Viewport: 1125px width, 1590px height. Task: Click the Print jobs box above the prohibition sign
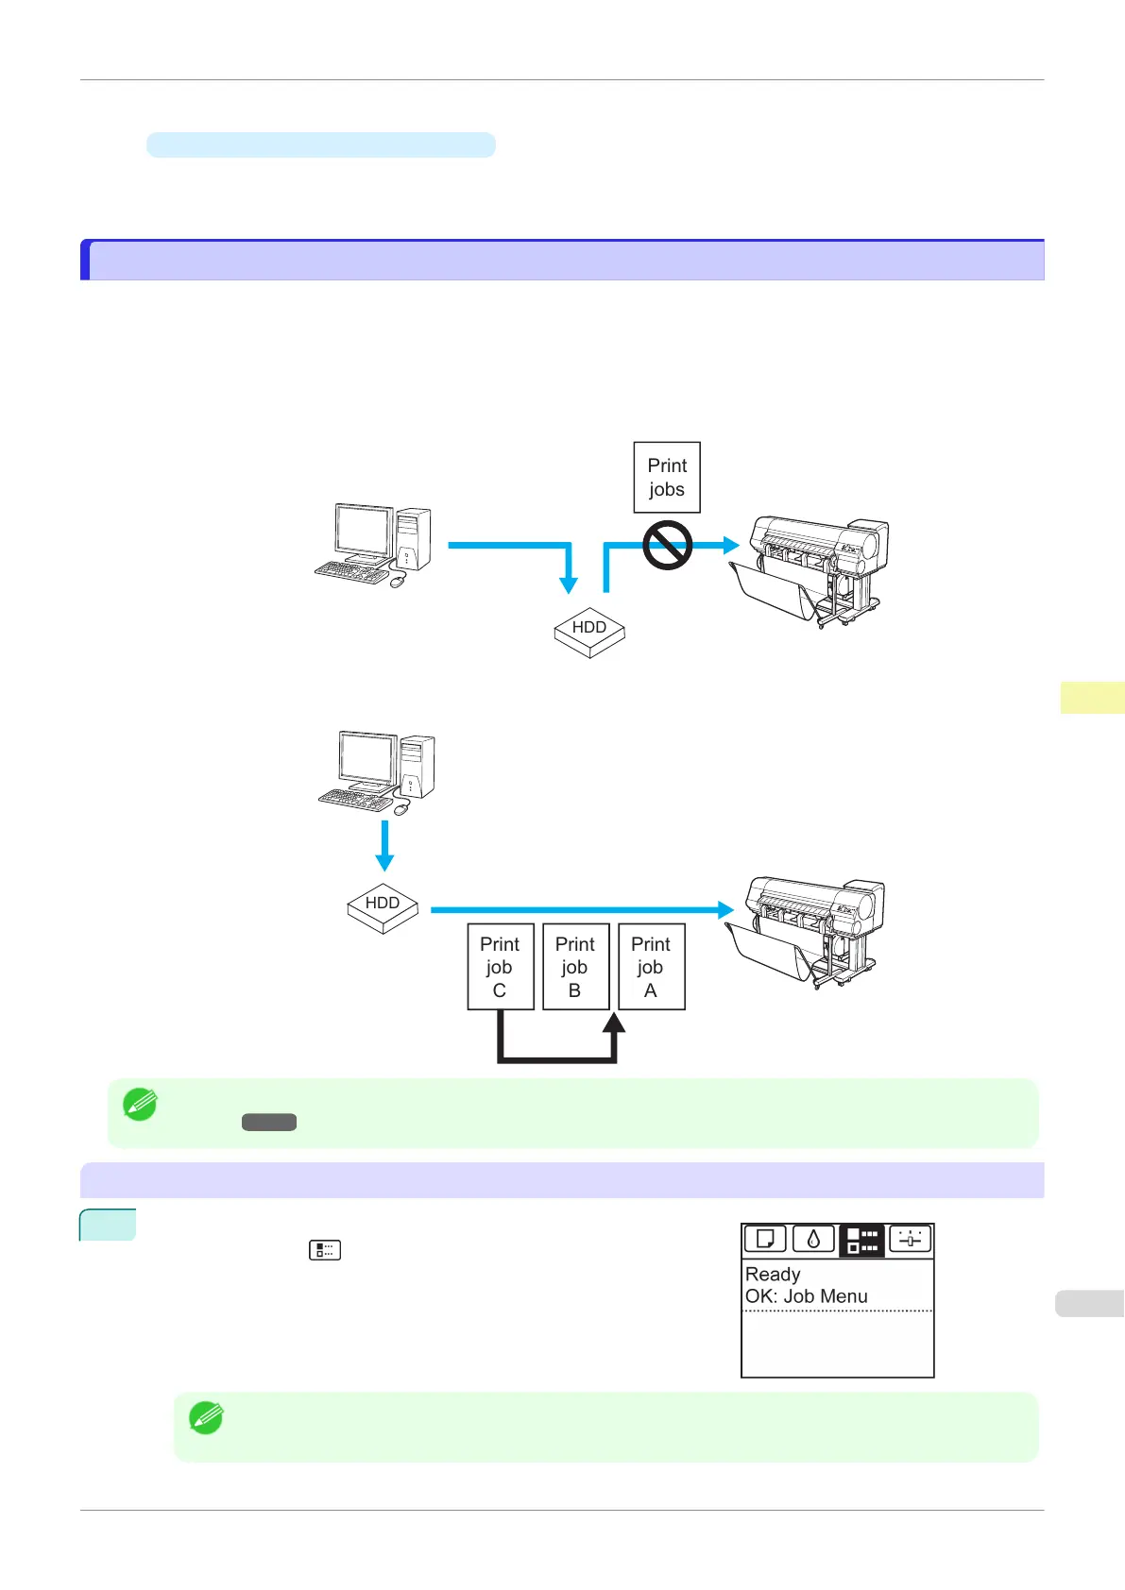coord(667,477)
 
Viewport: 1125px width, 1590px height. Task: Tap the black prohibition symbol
coord(667,546)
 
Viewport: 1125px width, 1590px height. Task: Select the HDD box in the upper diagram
coord(589,631)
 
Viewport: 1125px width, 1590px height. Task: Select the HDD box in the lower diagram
coord(383,906)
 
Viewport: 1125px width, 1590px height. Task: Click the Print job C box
coord(501,967)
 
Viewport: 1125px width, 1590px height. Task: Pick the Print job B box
coord(575,967)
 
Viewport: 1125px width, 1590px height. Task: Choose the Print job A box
coord(651,967)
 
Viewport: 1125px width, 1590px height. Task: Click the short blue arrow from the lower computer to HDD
coord(384,846)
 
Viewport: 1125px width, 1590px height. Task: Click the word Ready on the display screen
coord(773,1274)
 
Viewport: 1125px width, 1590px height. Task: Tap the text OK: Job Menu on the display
coord(807,1296)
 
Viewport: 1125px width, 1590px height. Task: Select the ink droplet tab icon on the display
coord(813,1239)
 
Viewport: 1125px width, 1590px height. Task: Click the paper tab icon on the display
coord(765,1239)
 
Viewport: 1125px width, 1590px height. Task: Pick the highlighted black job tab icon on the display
coord(861,1240)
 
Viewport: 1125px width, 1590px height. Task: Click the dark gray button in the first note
coord(269,1122)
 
